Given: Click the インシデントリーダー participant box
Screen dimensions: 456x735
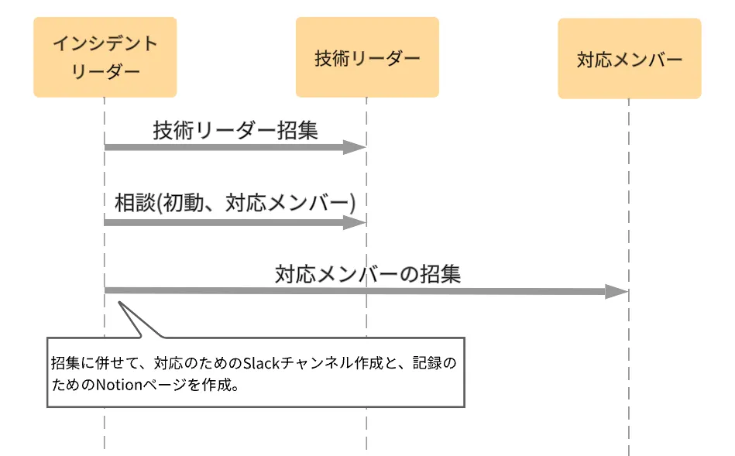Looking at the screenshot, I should point(105,57).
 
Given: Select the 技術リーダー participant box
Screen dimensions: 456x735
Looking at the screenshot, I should point(367,57).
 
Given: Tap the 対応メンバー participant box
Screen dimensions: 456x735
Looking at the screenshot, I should point(629,59).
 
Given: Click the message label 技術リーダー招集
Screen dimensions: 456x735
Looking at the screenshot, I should point(235,129).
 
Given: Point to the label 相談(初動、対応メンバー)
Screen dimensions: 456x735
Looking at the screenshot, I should point(235,203).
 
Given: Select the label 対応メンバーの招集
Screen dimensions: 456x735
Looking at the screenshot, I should point(367,273).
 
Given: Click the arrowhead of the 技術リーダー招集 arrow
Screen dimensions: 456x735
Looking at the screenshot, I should point(355,147).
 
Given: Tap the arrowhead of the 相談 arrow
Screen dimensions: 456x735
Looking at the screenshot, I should point(355,223).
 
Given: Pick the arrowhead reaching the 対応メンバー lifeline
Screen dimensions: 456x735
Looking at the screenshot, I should point(617,291).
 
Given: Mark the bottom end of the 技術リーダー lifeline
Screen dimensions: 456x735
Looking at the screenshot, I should point(367,447).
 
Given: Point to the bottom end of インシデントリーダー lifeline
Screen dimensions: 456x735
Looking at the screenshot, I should point(105,447).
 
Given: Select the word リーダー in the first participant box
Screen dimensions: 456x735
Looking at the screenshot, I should point(105,71).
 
